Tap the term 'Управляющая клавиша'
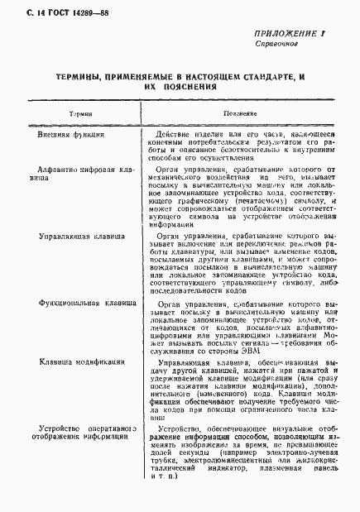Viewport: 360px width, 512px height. (x=84, y=234)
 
